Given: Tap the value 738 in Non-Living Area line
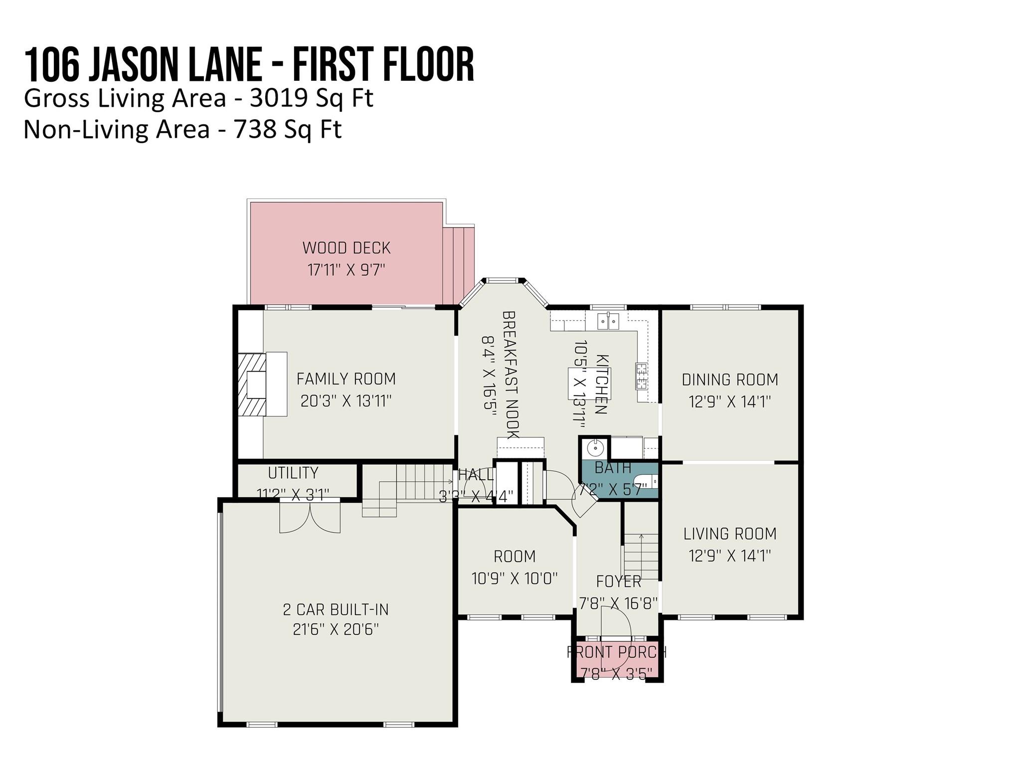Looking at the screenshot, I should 255,130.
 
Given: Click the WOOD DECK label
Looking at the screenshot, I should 346,248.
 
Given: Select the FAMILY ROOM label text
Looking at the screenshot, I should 346,379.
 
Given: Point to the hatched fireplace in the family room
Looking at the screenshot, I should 252,384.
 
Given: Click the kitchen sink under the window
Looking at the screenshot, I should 608,322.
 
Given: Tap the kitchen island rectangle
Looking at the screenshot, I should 588,383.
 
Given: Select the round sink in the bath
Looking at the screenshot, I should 595,448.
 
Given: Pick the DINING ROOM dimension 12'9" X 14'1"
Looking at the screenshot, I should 730,401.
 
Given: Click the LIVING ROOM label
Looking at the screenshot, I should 730,534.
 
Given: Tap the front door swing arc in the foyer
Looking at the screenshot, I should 616,623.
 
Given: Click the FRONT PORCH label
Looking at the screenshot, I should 617,652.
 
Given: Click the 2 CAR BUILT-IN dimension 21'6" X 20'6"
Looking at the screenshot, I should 336,630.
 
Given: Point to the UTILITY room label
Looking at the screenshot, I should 293,473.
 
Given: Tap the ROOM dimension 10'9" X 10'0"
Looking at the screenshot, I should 514,578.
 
